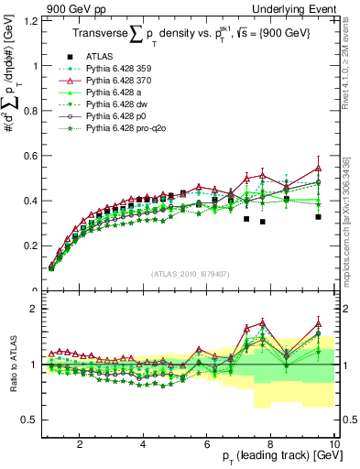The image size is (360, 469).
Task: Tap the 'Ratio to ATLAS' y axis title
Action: (12, 366)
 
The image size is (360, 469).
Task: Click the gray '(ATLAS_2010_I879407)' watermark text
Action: (191, 274)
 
